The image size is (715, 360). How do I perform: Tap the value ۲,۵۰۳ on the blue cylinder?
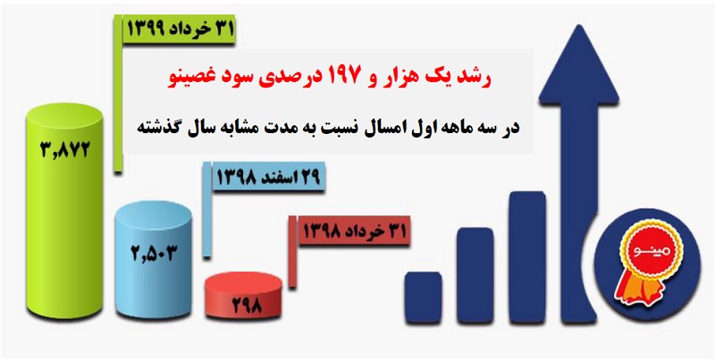153,253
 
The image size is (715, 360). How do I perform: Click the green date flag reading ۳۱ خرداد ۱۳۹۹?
180,29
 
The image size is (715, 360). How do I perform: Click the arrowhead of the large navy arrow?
579,62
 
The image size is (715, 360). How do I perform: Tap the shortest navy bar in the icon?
423,298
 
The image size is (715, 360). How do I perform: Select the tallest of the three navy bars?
527,258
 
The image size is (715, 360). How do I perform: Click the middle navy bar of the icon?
475,276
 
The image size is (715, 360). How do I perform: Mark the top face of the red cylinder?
243,283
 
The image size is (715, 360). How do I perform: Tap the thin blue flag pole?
207,210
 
